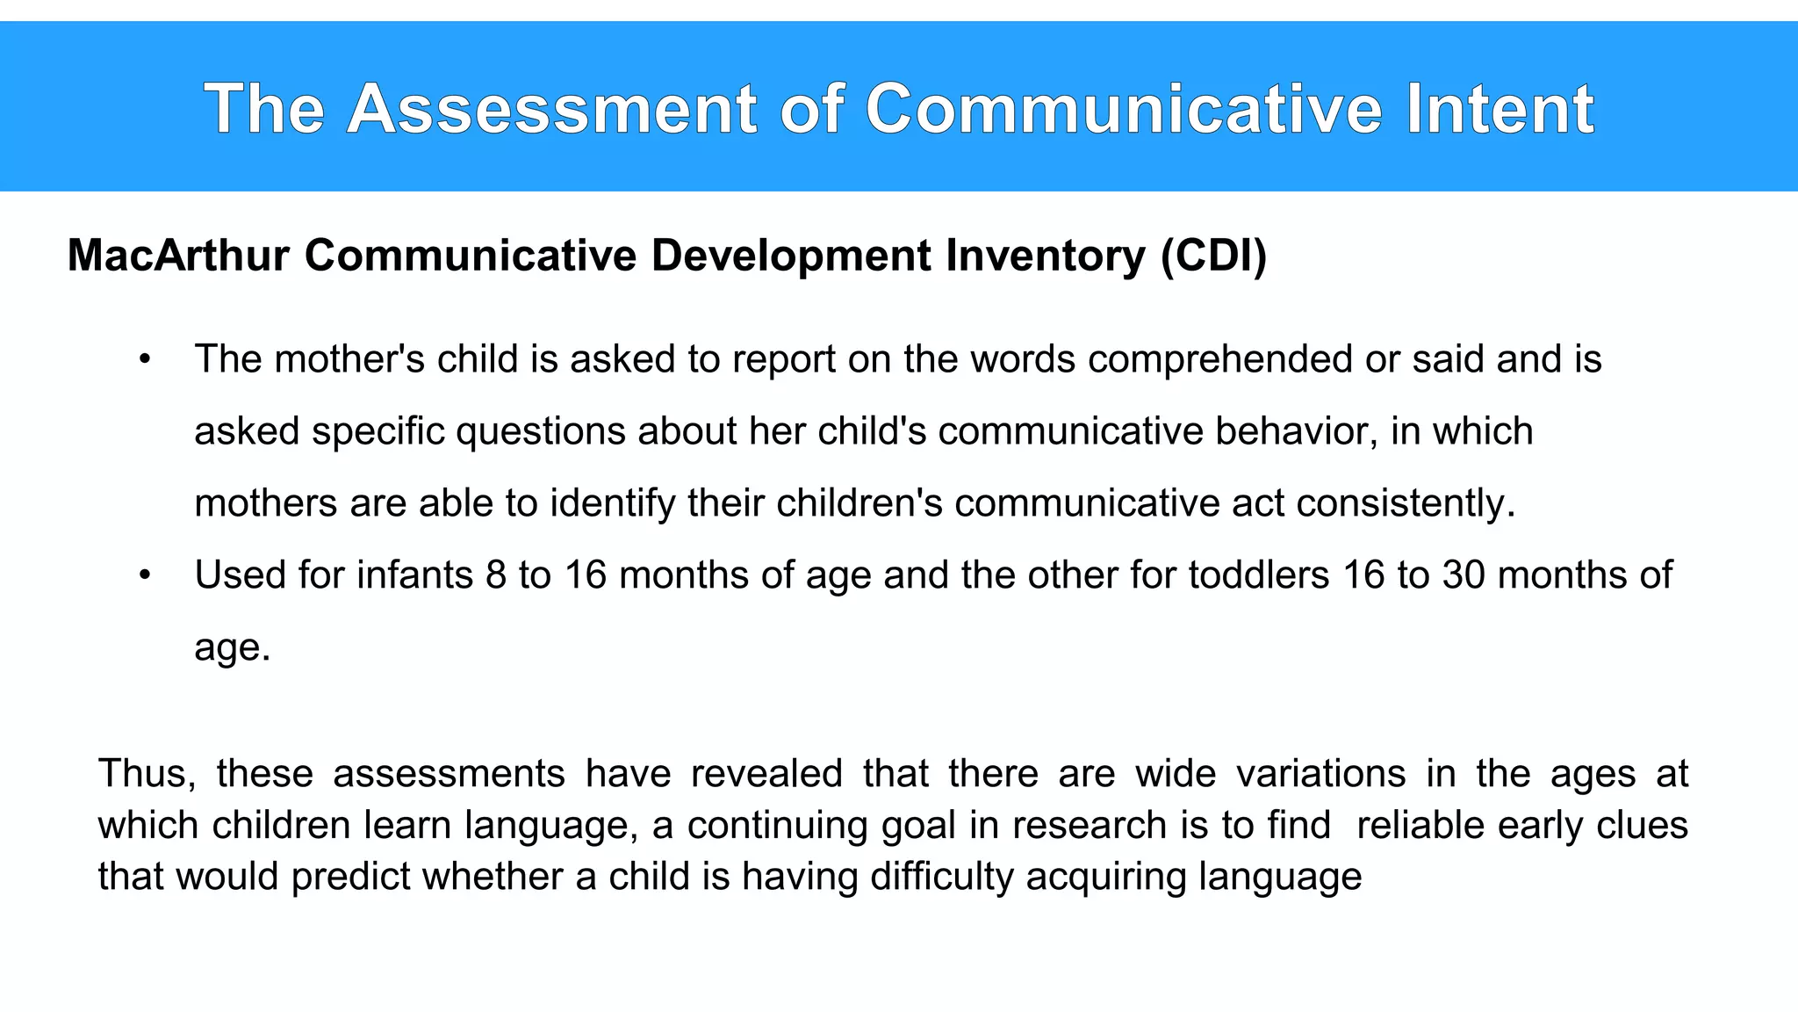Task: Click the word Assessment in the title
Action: (551, 109)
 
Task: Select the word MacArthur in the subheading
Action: (178, 256)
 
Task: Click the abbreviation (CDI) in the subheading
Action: (1213, 256)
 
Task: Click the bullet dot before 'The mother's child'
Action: (146, 359)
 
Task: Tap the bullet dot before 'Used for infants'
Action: (146, 575)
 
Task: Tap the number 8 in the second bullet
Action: (496, 575)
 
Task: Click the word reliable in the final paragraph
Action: (1420, 825)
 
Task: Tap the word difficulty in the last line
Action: (941, 876)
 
